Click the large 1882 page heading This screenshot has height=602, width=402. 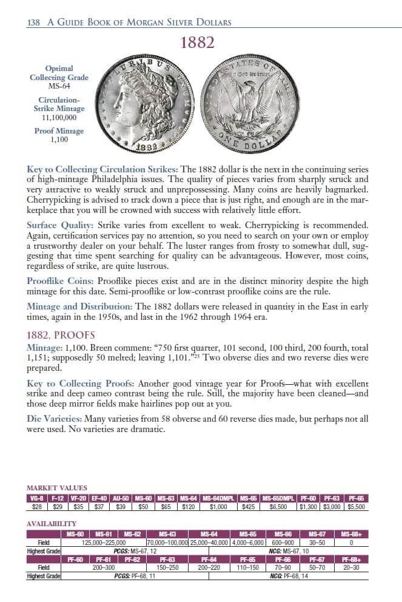click(197, 43)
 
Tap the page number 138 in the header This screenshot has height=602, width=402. click(33, 22)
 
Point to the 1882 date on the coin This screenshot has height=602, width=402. click(160, 147)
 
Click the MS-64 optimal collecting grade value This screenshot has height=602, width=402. click(59, 86)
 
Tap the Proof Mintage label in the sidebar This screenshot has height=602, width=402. click(59, 131)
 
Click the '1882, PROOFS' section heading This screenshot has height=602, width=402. click(61, 336)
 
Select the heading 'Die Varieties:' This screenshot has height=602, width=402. click(55, 419)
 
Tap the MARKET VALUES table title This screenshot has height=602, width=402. click(57, 488)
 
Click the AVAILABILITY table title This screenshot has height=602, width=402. click(52, 523)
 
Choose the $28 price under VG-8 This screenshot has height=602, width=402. click(36, 507)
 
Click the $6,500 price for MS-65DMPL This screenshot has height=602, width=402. click(278, 507)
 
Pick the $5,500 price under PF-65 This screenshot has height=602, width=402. click(356, 507)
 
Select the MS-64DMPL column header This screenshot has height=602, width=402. click(219, 498)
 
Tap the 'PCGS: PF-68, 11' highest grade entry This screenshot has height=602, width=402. click(135, 575)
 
